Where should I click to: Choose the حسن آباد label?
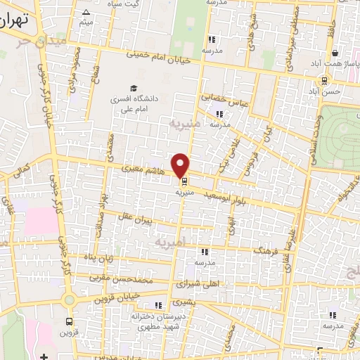point(328,91)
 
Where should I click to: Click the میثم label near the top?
point(86,23)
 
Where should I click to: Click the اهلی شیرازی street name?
point(198,284)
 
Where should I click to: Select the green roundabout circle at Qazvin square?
point(68,300)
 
